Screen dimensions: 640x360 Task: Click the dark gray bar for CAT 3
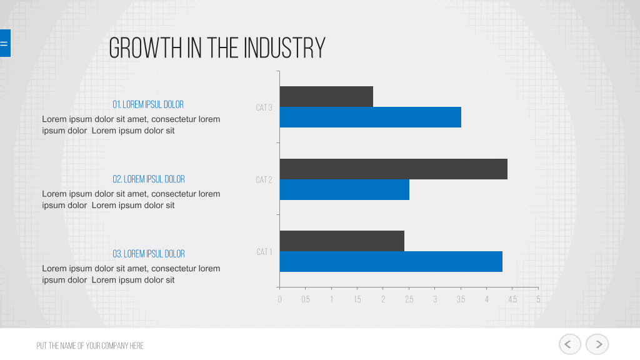coord(326,97)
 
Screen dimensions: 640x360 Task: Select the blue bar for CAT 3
coord(371,117)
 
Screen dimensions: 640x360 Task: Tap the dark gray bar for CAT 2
coord(394,169)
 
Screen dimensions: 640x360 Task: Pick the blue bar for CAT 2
coord(344,190)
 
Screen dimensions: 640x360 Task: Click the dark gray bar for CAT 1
coord(342,241)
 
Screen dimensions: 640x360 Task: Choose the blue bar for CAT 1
coord(391,262)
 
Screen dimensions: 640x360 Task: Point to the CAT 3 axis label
coord(264,107)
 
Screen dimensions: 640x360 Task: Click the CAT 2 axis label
coord(264,180)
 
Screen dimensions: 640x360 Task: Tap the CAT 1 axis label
coord(264,252)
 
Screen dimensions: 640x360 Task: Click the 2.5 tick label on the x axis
coord(409,299)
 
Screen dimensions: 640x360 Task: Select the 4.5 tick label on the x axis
coord(512,299)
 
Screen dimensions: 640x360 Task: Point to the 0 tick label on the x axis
coord(279,299)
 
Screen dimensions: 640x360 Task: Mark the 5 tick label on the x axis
coord(538,299)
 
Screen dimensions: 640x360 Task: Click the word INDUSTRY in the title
coord(284,48)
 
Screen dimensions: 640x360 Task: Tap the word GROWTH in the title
coord(145,48)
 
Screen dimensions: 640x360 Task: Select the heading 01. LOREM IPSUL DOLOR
coord(148,104)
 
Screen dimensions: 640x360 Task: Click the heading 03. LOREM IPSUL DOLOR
coord(149,254)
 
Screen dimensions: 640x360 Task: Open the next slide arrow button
coord(597,344)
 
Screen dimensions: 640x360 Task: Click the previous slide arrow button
coord(570,344)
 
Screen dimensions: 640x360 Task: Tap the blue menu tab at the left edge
coord(5,43)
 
